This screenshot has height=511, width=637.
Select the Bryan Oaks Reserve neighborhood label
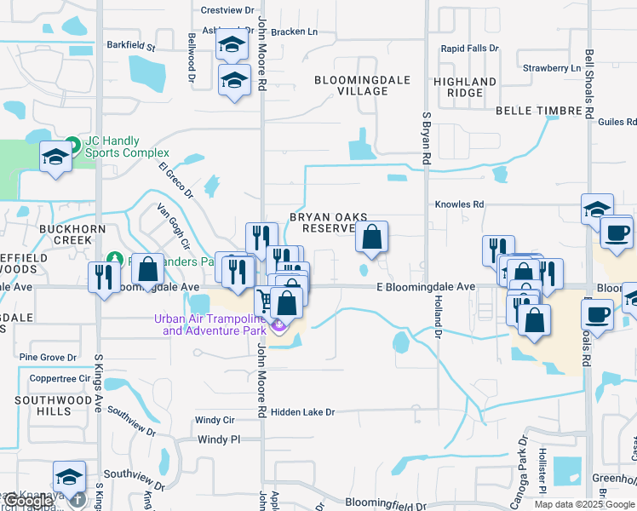(x=320, y=222)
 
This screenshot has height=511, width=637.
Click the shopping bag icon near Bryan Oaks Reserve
(x=372, y=238)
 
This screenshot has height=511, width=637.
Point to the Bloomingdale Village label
(x=362, y=85)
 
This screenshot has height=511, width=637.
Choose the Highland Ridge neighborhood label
(x=465, y=87)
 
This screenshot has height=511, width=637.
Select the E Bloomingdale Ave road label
(x=426, y=288)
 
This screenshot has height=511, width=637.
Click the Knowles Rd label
(x=459, y=204)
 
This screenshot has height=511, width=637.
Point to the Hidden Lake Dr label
(x=303, y=412)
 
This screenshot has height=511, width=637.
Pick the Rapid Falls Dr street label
(x=469, y=49)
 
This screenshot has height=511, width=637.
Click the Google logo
(x=28, y=501)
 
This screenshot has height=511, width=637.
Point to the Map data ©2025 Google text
(x=583, y=504)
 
